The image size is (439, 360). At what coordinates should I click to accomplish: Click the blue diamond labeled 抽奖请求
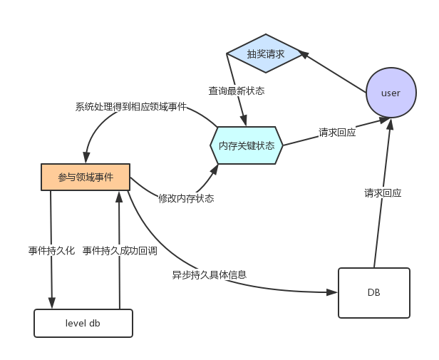(265, 53)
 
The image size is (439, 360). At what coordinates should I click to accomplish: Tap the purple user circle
(391, 93)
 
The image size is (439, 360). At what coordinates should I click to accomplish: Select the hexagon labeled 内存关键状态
(247, 145)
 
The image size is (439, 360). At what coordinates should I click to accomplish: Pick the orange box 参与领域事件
(86, 177)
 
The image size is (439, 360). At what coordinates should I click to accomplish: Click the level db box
(83, 323)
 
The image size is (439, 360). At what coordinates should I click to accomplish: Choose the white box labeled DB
(373, 292)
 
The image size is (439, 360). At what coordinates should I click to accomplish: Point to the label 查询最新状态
(237, 91)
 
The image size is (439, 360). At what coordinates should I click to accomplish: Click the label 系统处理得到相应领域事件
(131, 107)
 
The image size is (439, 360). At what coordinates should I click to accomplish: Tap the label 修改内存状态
(186, 198)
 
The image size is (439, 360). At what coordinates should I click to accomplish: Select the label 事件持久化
(51, 250)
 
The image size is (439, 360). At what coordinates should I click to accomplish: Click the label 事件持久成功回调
(119, 250)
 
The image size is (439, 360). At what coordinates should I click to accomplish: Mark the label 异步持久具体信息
(210, 274)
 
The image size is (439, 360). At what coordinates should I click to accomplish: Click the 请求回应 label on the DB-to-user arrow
(383, 192)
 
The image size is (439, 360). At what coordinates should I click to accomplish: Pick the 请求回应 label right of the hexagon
(337, 132)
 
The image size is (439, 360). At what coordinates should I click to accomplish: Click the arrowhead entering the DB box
(333, 292)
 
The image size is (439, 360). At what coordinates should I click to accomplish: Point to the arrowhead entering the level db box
(52, 304)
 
